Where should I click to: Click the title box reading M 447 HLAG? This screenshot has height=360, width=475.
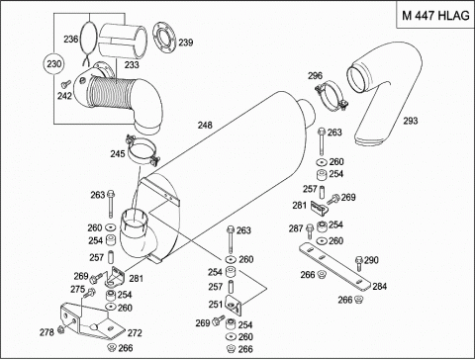point(435,15)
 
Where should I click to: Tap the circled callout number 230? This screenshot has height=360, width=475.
point(53,63)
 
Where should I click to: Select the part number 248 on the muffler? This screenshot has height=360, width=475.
point(205,125)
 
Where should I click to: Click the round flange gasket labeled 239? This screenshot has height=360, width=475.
point(165,38)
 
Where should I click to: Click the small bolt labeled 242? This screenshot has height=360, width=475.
point(66,84)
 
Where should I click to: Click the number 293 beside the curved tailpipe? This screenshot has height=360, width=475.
point(411,121)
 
